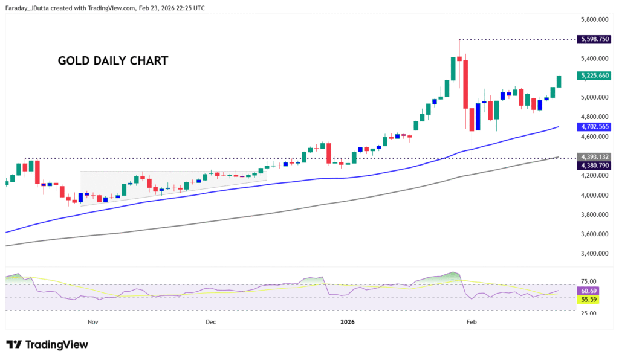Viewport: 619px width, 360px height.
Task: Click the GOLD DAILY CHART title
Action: [x=112, y=61]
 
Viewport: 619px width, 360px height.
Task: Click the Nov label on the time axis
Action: [x=92, y=322]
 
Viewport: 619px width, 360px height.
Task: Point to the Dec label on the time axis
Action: [x=210, y=322]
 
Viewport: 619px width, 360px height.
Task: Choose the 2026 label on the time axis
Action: [x=347, y=322]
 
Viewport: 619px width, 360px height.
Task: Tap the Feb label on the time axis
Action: [x=472, y=322]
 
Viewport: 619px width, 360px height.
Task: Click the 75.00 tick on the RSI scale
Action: [x=589, y=281]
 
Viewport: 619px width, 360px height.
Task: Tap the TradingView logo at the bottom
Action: [x=47, y=344]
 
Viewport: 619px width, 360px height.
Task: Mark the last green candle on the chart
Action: [x=559, y=82]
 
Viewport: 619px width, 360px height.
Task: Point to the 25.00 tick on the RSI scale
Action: [x=589, y=313]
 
